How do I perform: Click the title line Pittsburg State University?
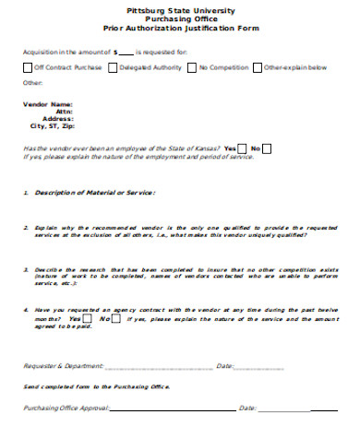click(x=181, y=10)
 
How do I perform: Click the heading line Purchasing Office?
click(x=181, y=19)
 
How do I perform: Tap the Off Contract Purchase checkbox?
click(x=27, y=67)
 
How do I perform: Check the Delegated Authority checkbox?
click(x=114, y=67)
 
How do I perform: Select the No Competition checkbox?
click(x=192, y=67)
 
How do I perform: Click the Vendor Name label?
click(x=47, y=104)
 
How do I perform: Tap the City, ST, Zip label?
click(x=51, y=126)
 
